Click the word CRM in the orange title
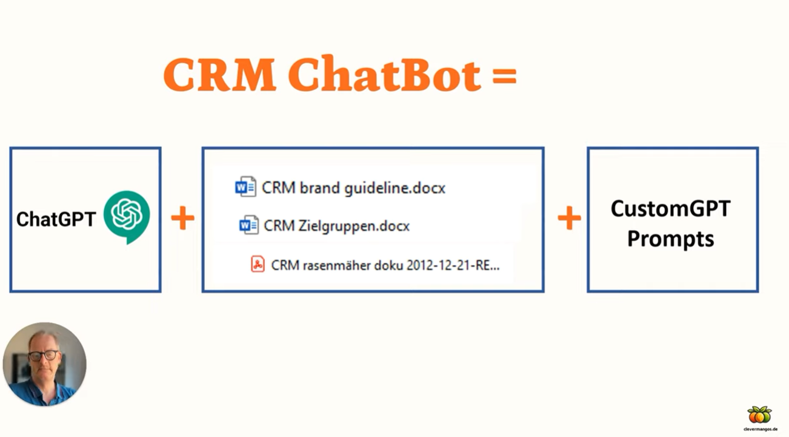pyautogui.click(x=219, y=75)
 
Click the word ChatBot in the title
pyautogui.click(x=384, y=73)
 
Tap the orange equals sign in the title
pyautogui.click(x=504, y=75)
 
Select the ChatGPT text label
pyautogui.click(x=56, y=219)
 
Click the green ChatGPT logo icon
pyautogui.click(x=127, y=217)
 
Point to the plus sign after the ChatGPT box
pyautogui.click(x=182, y=218)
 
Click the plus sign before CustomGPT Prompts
pyautogui.click(x=569, y=218)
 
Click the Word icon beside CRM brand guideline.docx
pyautogui.click(x=245, y=186)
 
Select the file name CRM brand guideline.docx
pyautogui.click(x=353, y=188)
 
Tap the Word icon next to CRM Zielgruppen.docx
pyautogui.click(x=249, y=225)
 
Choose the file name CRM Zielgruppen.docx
pyautogui.click(x=336, y=226)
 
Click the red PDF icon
pyautogui.click(x=258, y=264)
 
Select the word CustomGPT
pyautogui.click(x=670, y=209)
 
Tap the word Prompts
pyautogui.click(x=671, y=240)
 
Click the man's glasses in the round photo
pyautogui.click(x=44, y=355)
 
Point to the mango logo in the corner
pyautogui.click(x=759, y=415)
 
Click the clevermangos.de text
pyautogui.click(x=761, y=429)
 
